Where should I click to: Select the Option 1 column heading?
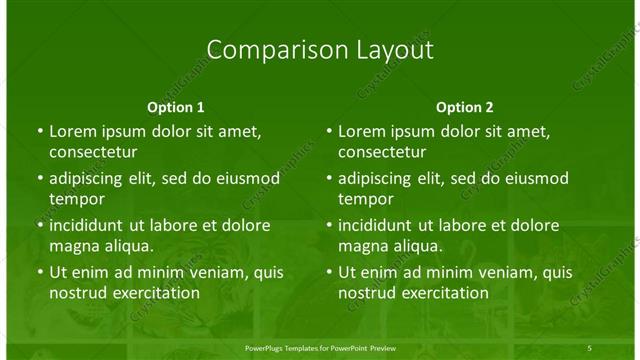(x=176, y=107)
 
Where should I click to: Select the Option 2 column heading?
(x=465, y=107)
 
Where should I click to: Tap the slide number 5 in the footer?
(x=590, y=346)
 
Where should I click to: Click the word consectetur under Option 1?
(x=93, y=153)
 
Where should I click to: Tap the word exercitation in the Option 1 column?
(x=155, y=293)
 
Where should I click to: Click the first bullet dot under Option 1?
(x=39, y=131)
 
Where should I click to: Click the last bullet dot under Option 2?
(x=328, y=272)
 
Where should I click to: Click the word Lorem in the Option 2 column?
(x=361, y=131)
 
